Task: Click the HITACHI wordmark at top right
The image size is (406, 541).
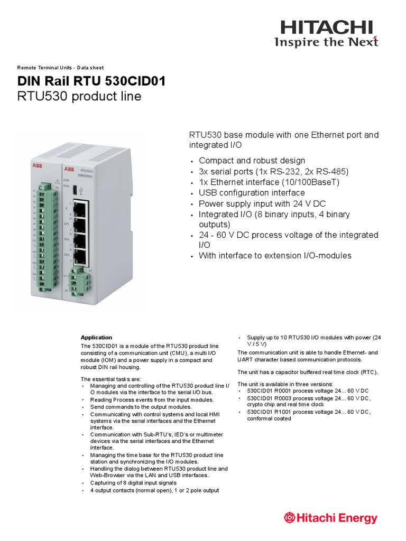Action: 326,27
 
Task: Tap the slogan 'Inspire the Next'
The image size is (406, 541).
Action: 326,43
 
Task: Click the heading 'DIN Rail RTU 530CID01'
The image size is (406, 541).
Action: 91,81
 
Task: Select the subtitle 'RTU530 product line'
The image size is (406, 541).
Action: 79,97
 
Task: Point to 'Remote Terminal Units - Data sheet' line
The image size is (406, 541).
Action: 60,68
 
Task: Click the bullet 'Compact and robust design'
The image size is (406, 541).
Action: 252,161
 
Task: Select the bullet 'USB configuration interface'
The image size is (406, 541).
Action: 252,193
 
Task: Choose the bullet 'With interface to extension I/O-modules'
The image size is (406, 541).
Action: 275,256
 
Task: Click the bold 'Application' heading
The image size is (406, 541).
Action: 96,337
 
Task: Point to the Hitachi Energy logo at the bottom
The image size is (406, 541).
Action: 330,518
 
